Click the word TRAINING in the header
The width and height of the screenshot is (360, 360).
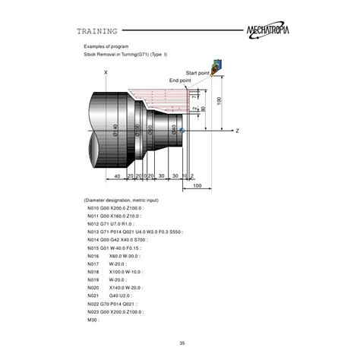click(x=97, y=32)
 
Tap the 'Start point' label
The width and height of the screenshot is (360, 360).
click(x=198, y=72)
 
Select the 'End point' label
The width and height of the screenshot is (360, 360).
click(x=180, y=80)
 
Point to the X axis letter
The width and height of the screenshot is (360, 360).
click(x=106, y=72)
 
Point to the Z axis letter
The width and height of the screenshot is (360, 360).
click(x=238, y=131)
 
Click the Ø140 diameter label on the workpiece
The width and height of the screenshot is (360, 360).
click(x=115, y=130)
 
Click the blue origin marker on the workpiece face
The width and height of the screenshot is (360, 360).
click(x=182, y=131)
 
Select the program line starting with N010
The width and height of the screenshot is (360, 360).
click(x=115, y=207)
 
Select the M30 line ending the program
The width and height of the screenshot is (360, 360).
click(x=94, y=320)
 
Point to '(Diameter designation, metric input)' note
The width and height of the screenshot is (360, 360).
click(x=126, y=199)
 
